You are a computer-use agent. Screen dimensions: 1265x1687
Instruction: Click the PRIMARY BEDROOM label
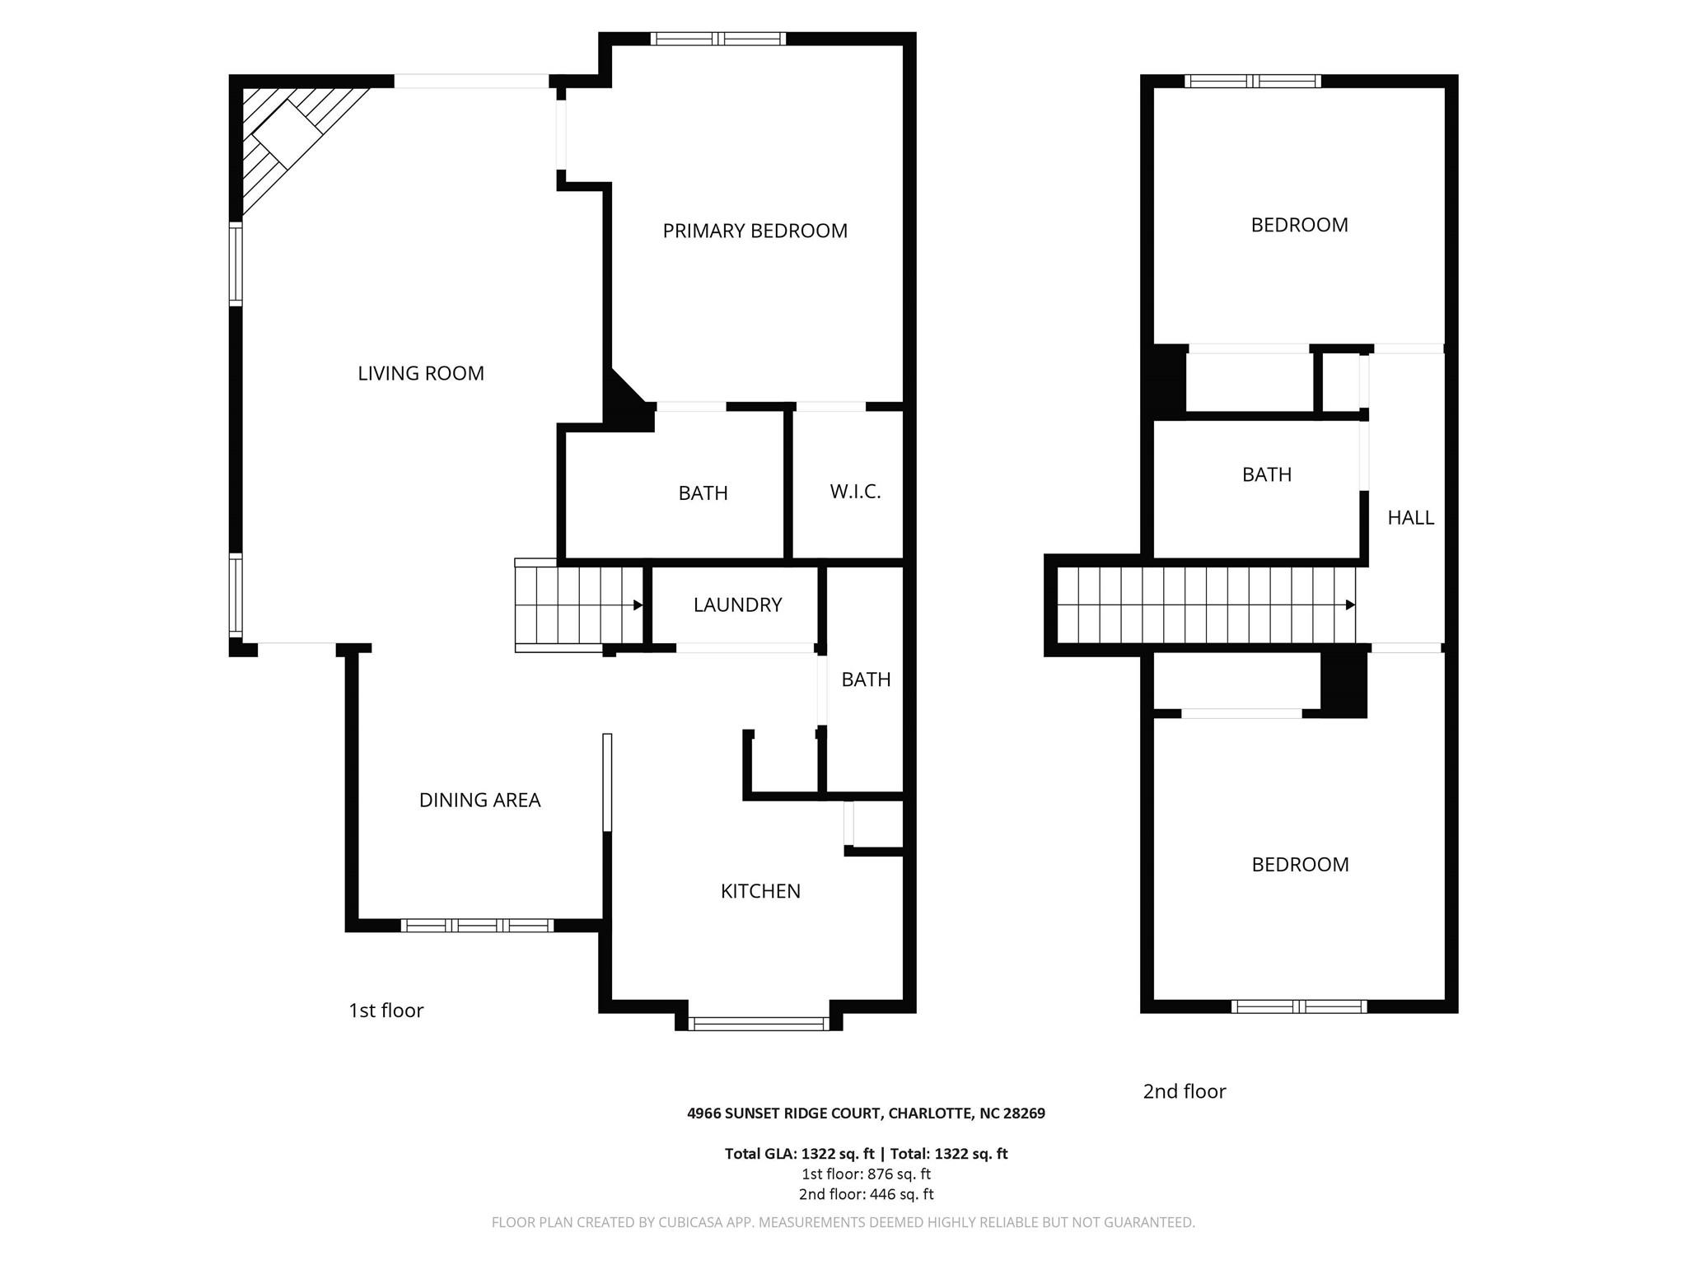[x=755, y=231]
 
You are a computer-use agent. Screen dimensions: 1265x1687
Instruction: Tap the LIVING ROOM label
[x=420, y=373]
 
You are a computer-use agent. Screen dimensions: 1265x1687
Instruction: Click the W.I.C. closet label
[x=855, y=492]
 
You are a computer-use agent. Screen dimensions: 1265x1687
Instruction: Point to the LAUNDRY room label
[x=737, y=604]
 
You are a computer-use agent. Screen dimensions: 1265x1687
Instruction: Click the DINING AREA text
[x=479, y=800]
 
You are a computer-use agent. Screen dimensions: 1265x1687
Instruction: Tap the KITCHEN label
[x=760, y=890]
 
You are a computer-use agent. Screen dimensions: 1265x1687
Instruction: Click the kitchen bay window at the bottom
[x=759, y=1024]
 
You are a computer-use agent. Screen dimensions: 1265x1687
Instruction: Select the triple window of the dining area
[x=477, y=925]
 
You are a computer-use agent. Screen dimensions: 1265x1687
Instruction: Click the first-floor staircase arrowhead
[x=638, y=605]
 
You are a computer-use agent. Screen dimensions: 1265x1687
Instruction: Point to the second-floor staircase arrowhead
[x=1350, y=604]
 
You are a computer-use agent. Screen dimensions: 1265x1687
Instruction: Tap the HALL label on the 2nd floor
[x=1410, y=517]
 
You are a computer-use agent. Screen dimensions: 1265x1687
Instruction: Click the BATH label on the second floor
[x=1266, y=474]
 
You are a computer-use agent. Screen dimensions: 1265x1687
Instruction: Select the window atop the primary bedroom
[x=717, y=38]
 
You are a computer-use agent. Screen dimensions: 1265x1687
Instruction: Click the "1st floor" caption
[x=386, y=1011]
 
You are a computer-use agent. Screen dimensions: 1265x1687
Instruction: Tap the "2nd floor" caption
[x=1184, y=1091]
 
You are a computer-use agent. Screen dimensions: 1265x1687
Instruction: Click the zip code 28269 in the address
[x=1024, y=1113]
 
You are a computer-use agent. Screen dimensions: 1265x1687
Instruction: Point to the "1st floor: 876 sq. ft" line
[x=866, y=1174]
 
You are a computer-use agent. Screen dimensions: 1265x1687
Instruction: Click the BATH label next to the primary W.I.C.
[x=703, y=492]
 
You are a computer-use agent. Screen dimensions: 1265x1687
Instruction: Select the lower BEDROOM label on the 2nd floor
[x=1300, y=864]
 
